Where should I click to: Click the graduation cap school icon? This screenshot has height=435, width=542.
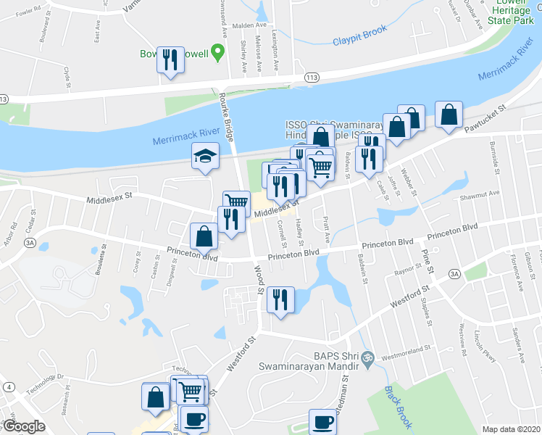205,156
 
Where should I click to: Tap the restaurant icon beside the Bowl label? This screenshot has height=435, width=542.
170,60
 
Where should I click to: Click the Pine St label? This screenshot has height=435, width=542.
426,262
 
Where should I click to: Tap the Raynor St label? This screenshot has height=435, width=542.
407,271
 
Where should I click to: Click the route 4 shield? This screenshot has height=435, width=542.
9,387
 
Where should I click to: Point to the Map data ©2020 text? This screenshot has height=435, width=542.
511,429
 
